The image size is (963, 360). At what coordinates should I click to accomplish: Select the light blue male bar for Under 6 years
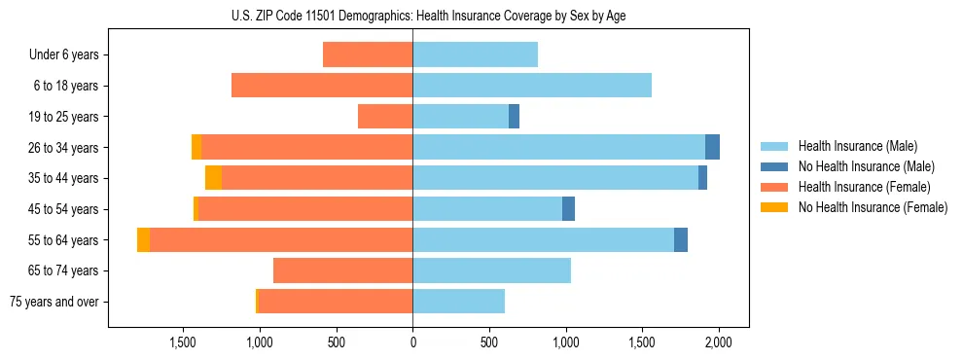475,54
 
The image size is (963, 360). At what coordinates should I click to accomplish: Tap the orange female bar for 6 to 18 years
322,86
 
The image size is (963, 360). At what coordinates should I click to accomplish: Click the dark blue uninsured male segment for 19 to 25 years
514,117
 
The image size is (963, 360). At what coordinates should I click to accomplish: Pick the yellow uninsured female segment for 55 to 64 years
144,239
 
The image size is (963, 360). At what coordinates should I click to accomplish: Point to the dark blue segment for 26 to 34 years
712,147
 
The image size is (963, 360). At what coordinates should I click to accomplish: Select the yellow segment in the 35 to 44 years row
213,178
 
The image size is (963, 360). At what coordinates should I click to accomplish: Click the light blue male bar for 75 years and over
458,302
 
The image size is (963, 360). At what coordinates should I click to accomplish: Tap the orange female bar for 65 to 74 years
342,270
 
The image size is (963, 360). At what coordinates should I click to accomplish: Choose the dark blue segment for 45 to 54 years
568,209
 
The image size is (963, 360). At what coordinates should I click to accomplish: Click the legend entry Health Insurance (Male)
857,146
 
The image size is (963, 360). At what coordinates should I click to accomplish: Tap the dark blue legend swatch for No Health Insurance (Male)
775,166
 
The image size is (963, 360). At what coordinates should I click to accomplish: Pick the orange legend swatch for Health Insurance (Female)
775,187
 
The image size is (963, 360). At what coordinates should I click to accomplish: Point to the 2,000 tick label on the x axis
718,342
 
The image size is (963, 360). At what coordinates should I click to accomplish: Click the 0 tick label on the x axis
412,342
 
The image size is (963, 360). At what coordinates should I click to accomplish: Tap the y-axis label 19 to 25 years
64,117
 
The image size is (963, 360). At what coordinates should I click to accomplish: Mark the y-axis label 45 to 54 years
64,209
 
